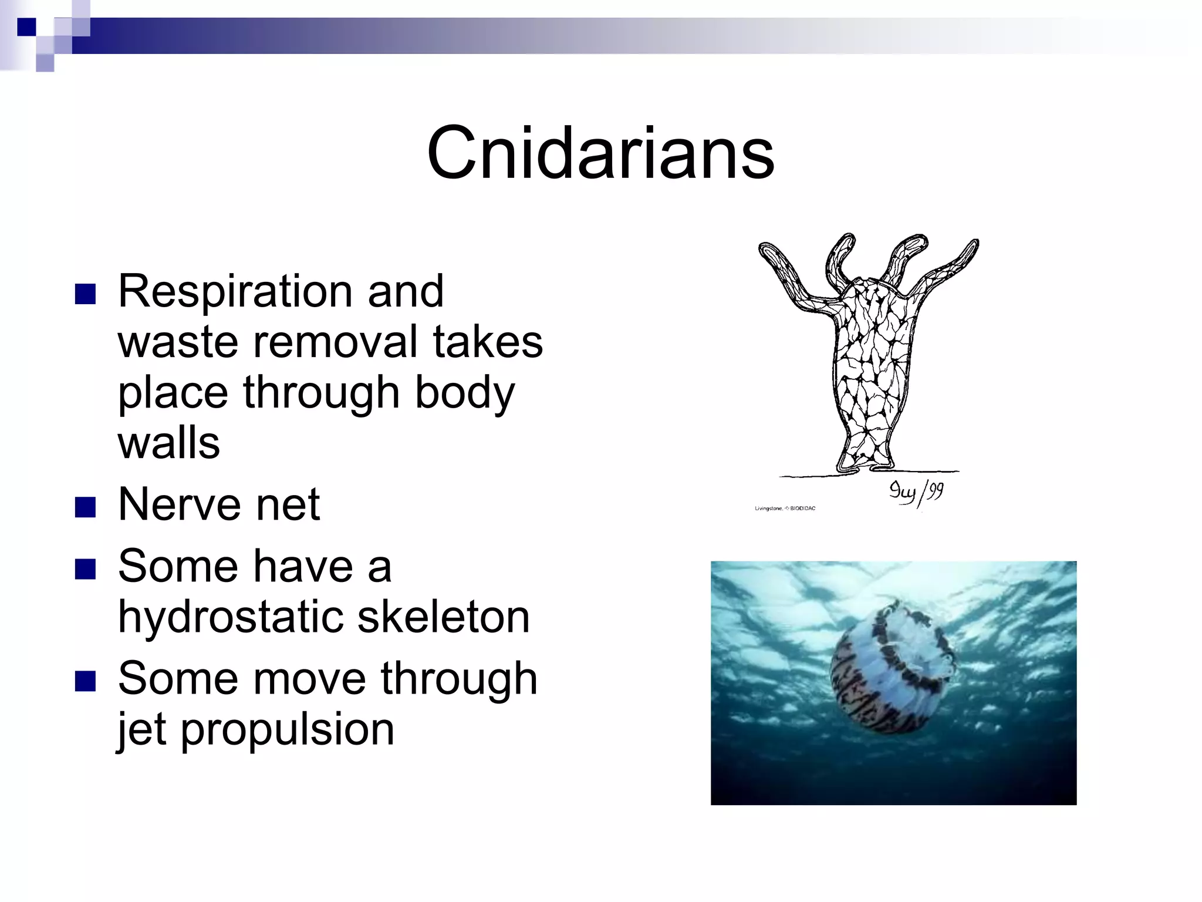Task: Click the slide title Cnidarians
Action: click(600, 154)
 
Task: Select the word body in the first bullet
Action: click(464, 393)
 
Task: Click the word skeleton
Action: click(443, 618)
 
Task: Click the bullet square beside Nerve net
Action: click(86, 507)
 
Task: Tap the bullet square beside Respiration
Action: click(86, 294)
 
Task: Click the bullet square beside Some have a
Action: click(86, 568)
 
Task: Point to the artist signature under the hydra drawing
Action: click(916, 492)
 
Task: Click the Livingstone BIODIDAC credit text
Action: click(785, 509)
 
